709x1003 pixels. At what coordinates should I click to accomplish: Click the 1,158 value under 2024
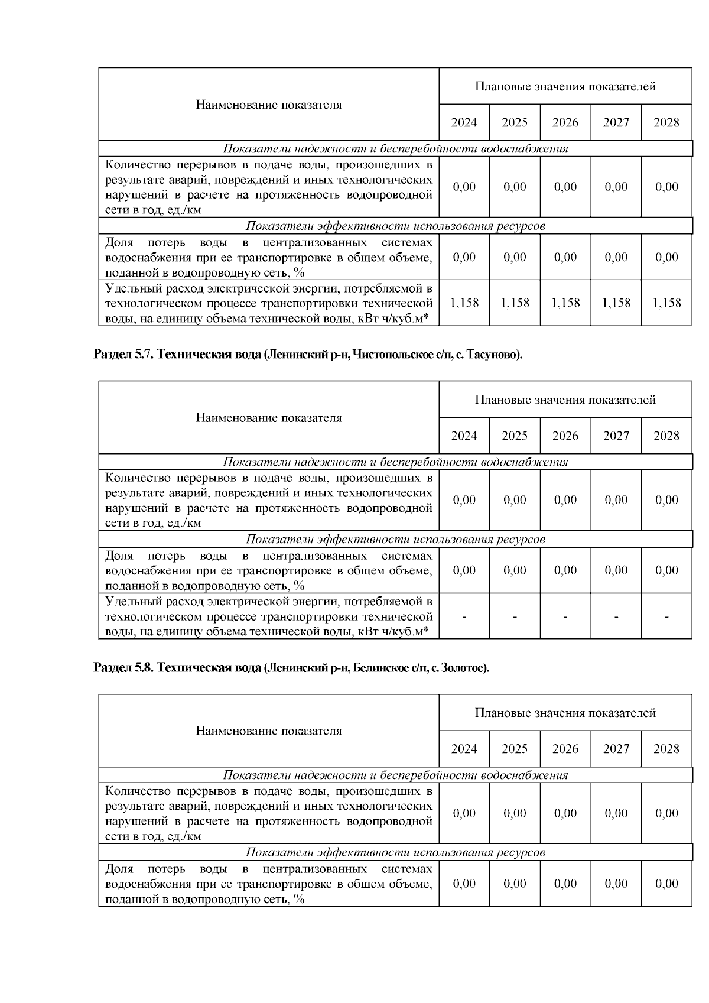tap(464, 303)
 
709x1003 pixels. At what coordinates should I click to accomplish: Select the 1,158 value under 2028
tap(666, 303)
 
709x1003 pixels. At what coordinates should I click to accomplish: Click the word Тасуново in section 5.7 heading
tap(497, 354)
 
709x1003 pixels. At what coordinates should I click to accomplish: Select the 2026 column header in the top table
tap(565, 122)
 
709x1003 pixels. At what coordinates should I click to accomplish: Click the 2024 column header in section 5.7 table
tap(464, 436)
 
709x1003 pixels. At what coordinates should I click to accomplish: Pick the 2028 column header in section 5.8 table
tap(666, 748)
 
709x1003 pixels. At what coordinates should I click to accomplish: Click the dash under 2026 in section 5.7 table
tap(565, 616)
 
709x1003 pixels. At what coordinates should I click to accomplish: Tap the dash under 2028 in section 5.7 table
tap(666, 616)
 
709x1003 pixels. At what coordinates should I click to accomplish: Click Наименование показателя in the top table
tap(269, 105)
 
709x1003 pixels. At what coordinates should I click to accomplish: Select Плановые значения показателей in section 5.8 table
tap(565, 713)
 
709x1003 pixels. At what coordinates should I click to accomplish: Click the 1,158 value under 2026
tap(565, 303)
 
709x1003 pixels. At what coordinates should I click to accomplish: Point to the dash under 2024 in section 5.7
tap(464, 616)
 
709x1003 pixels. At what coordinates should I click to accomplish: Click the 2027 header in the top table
tap(616, 122)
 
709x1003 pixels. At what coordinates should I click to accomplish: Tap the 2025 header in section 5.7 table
tap(515, 436)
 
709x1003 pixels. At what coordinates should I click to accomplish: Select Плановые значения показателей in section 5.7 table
tap(565, 400)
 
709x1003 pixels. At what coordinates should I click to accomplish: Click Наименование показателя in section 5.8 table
tap(269, 731)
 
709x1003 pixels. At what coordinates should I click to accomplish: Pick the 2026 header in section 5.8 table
tap(565, 748)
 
